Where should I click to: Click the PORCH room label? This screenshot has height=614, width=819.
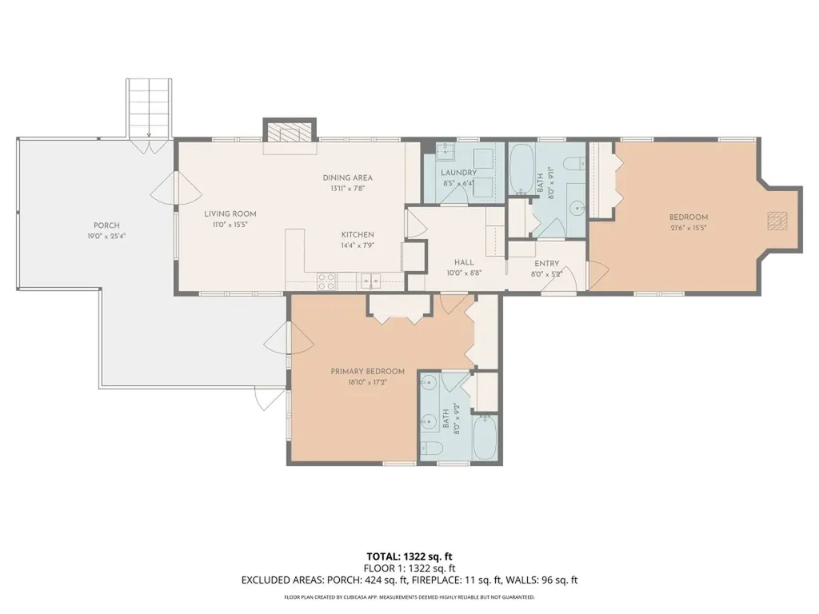click(106, 225)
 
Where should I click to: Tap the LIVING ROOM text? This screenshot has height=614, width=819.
click(230, 213)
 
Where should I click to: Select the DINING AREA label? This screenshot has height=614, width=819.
click(347, 177)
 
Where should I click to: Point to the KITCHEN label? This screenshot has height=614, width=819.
click(358, 235)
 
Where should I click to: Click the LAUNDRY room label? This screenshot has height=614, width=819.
click(458, 173)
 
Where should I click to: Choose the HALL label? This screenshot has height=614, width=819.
click(464, 262)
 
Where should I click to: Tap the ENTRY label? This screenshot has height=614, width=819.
click(546, 264)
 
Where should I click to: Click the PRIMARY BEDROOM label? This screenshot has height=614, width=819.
click(367, 372)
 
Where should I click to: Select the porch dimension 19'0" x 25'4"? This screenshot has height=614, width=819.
click(106, 236)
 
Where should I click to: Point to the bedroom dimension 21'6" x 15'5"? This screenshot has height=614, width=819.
click(689, 228)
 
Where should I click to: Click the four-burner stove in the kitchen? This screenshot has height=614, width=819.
click(327, 281)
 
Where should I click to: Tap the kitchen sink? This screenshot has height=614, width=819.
click(371, 281)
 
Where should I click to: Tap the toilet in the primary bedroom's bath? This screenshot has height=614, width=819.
click(433, 448)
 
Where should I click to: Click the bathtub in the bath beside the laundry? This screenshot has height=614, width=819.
click(521, 169)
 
